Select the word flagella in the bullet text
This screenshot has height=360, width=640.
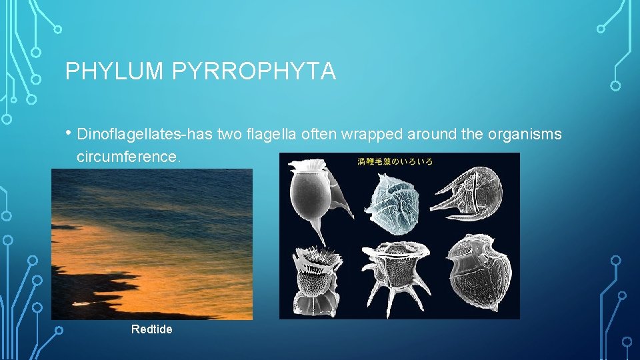pos(265,135)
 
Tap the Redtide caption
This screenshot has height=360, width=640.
pos(151,329)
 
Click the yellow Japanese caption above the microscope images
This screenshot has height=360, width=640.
pos(396,161)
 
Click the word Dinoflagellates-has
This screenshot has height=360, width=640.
pos(145,135)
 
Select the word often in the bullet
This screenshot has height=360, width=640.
pos(319,135)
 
